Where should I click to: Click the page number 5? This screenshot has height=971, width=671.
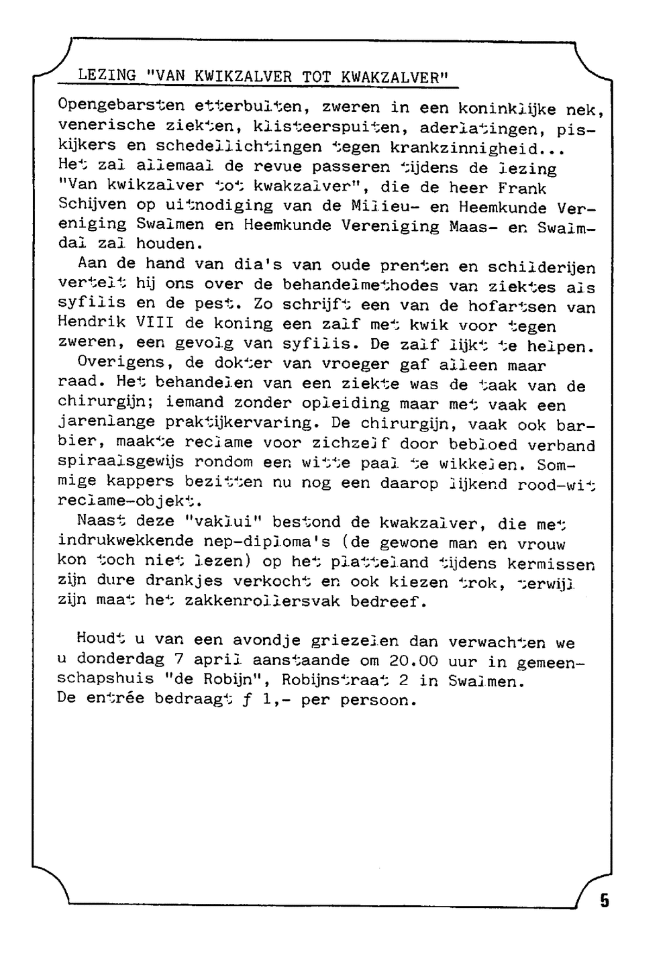[605, 901]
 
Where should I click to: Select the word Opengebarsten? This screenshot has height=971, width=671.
[121, 106]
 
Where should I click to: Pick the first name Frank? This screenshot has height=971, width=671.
[522, 188]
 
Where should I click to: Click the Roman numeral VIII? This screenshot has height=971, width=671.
[155, 323]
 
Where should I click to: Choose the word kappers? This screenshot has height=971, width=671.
[132, 482]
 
